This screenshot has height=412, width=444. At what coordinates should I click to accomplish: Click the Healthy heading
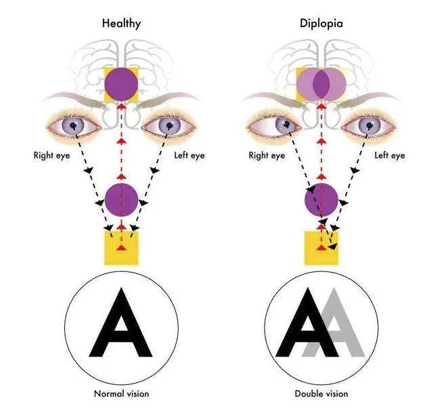121,24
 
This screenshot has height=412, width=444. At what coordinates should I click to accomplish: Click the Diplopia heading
321,24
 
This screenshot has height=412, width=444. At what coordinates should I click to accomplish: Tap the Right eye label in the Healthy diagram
51,156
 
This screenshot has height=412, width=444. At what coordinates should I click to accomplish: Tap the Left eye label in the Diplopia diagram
390,156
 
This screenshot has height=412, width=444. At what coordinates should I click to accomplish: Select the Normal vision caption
121,394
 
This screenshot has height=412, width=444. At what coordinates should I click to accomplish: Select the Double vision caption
321,394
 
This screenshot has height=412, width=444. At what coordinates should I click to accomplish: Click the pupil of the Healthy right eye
74,124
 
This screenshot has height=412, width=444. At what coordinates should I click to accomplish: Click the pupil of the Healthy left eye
169,124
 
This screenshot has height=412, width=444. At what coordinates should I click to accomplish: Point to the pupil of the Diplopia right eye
287,124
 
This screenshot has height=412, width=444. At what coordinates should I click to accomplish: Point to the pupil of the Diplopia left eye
370,124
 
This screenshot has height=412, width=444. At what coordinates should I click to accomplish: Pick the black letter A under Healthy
121,323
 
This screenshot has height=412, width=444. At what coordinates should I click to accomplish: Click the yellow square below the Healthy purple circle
121,248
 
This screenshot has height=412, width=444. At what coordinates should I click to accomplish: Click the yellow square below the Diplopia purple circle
321,248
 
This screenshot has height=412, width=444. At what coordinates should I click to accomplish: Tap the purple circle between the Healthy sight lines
121,200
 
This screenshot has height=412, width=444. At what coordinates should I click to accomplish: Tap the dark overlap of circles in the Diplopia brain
321,84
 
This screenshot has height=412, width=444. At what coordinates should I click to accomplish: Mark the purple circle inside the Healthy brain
121,84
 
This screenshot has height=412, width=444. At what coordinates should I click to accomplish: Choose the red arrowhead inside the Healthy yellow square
121,248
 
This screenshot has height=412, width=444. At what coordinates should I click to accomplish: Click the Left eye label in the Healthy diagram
190,156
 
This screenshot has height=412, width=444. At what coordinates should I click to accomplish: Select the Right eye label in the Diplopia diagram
267,156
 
